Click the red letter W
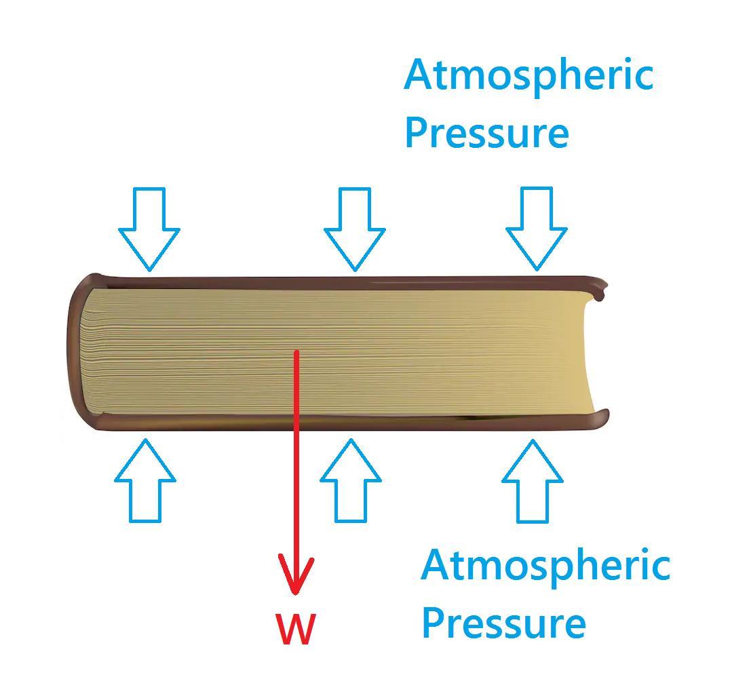point(295,629)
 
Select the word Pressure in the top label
point(486,132)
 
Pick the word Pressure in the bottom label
point(503,622)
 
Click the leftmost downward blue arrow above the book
point(149,228)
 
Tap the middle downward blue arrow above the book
point(355,228)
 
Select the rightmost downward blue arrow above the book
point(537,228)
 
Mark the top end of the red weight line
point(296,352)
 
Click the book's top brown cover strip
point(339,282)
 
